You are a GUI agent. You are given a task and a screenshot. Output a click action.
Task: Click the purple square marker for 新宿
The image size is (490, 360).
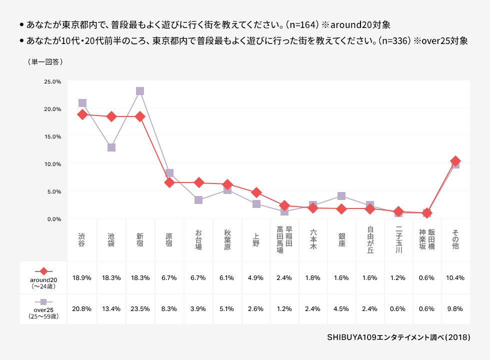pos(140,91)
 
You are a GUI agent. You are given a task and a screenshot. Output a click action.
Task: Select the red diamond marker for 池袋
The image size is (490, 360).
pos(111,116)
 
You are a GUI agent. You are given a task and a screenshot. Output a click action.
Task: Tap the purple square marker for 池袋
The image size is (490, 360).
pos(111,147)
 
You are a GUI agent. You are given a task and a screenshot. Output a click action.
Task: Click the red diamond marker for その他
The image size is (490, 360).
pos(455,161)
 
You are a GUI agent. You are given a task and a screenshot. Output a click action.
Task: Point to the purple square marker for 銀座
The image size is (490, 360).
pos(341,196)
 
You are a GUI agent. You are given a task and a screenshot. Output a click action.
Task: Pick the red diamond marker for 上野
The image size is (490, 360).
pos(256,192)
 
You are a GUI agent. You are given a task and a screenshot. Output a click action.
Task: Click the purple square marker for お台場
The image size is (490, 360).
pos(198,199)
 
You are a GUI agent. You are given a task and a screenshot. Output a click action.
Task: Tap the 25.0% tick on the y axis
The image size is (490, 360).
pos(52,81)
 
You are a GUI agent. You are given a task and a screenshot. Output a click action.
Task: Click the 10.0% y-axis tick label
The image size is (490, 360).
pos(52,164)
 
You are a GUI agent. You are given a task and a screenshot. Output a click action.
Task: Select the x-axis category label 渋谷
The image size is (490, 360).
pos(82,239)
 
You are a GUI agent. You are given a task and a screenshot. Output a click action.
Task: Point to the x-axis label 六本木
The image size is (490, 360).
pos(313,239)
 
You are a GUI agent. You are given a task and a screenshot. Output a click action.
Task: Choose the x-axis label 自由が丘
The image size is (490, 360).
pos(370,239)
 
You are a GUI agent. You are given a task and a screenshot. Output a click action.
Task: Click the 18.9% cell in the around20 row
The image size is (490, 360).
pos(82,278)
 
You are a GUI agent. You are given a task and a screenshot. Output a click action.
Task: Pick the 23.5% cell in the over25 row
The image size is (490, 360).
pos(140,309)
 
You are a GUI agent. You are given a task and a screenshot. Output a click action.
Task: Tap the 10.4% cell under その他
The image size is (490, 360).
pos(455,278)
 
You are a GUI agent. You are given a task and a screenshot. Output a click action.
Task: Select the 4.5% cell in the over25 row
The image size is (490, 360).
pos(341,309)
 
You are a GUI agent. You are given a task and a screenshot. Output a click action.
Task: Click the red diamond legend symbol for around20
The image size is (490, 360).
pos(44,271)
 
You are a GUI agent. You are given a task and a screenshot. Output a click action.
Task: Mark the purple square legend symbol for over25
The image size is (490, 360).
pos(43,302)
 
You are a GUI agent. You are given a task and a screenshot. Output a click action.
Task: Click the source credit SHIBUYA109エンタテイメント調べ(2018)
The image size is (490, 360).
pos(398,337)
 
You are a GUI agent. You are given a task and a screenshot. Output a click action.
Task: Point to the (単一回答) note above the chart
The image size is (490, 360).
pos(45,62)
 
